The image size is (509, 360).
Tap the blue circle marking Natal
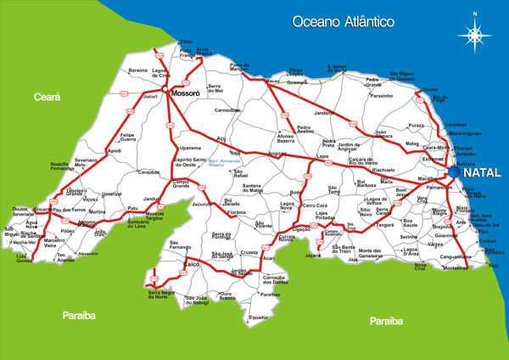click(455, 172)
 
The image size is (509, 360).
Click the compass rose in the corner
click(475, 31)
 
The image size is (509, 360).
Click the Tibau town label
click(186, 41)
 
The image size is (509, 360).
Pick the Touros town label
click(431, 89)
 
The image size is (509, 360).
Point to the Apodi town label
click(114, 150)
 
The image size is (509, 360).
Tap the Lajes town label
click(322, 157)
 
